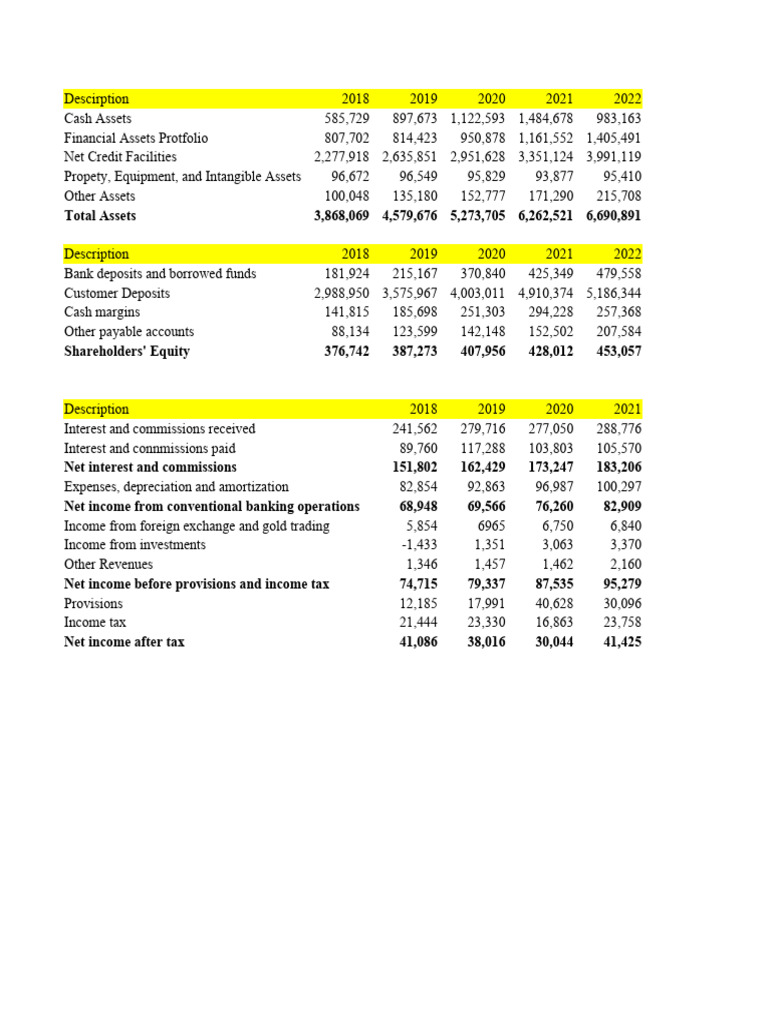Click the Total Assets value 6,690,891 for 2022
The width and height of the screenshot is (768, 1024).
(x=613, y=216)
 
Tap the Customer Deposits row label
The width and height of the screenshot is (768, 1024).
(x=116, y=293)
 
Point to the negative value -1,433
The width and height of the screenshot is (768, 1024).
(x=415, y=545)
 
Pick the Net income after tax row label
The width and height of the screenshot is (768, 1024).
(x=124, y=642)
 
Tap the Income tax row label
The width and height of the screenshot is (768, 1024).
(x=94, y=623)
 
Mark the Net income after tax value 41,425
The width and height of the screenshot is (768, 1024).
(x=619, y=642)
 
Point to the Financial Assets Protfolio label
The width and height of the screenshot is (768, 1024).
(x=135, y=138)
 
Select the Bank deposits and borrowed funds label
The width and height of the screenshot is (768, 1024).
(x=160, y=274)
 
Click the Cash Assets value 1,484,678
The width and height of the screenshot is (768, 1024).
(x=545, y=118)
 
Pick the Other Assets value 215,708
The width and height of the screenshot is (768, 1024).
(x=619, y=196)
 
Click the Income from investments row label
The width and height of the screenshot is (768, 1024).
(x=134, y=545)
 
